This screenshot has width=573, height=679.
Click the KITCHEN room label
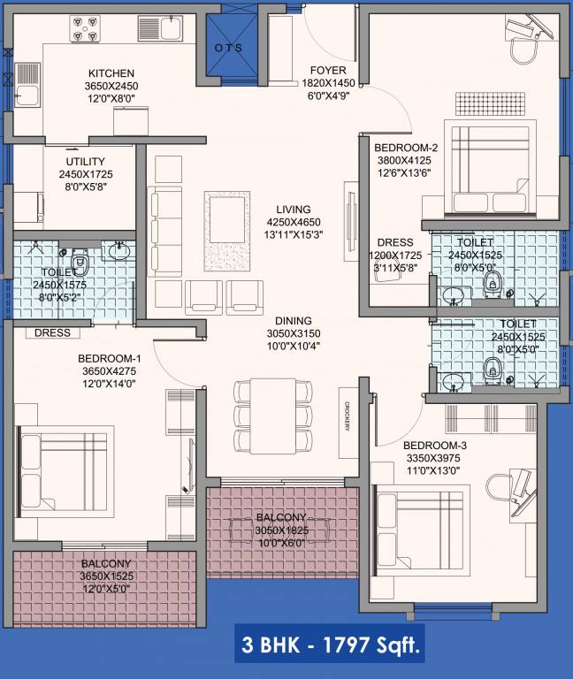[x=111, y=73]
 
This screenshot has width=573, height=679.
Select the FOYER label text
[x=327, y=70]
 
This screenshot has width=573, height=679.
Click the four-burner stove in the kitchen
[x=85, y=28]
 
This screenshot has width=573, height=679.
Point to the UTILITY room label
[x=86, y=162]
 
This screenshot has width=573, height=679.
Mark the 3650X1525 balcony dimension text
[x=106, y=576]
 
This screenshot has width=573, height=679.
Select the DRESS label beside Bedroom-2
[x=394, y=241]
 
